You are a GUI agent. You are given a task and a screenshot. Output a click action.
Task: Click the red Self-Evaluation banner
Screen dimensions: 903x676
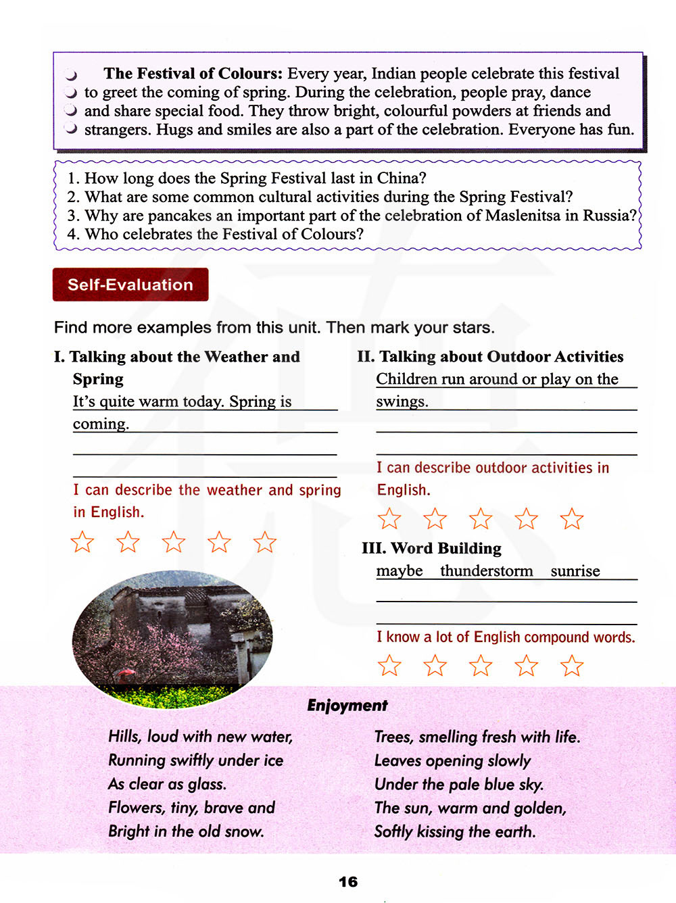point(130,285)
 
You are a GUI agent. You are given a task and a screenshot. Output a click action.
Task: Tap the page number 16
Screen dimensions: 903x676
point(348,881)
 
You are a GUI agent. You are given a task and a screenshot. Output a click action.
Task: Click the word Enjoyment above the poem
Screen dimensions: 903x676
point(347,706)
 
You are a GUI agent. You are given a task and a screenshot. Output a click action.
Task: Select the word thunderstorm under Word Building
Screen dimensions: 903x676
point(487,571)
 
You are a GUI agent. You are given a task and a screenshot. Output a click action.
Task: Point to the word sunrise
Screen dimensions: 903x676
point(575,571)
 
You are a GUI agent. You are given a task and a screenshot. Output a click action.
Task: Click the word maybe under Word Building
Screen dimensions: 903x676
point(400,571)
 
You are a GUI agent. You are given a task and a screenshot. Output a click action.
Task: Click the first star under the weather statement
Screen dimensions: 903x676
point(82,542)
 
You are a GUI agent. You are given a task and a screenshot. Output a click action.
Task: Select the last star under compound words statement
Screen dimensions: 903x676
point(572,666)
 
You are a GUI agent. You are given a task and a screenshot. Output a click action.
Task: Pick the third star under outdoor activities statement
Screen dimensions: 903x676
point(481,519)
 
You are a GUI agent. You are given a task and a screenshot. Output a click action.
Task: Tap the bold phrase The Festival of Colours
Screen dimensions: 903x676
point(193,74)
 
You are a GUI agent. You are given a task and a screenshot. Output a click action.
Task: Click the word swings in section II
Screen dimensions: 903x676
point(402,401)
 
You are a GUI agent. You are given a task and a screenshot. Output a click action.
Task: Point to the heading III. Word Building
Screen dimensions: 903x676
point(432,548)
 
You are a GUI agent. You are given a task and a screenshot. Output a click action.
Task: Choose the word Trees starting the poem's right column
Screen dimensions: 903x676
point(393,737)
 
